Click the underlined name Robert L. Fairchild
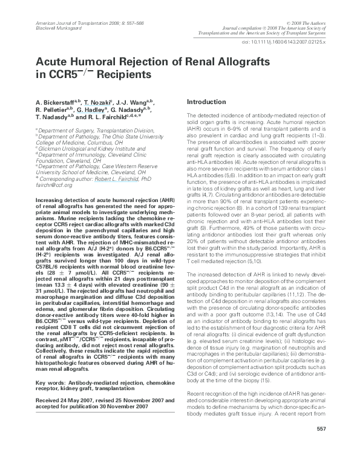[x=132, y=179]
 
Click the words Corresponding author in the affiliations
[x=67, y=179]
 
